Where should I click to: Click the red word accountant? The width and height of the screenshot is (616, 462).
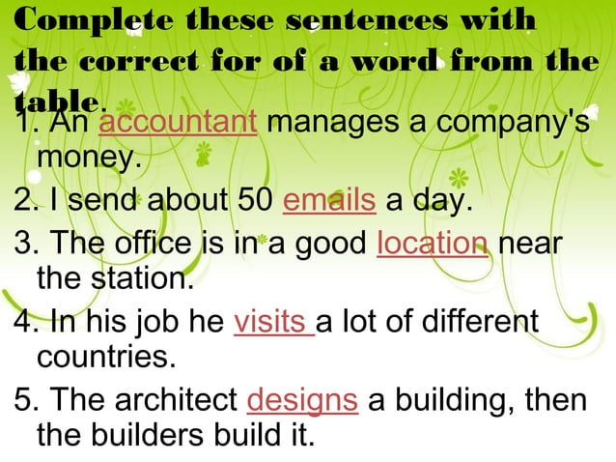[178, 123]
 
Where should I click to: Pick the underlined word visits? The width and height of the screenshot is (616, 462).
[273, 321]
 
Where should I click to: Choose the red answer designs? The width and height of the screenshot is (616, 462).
[303, 400]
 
